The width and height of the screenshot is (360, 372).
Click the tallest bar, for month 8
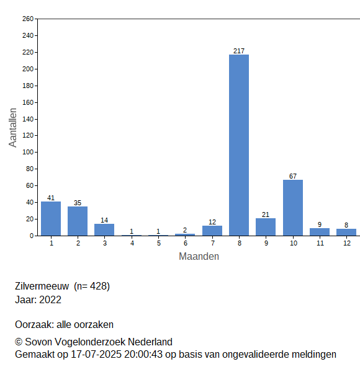239,145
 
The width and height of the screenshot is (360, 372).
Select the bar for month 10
293,208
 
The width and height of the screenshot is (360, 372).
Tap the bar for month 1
51,219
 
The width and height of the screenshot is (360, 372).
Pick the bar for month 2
78,221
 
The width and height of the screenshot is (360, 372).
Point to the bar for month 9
266,227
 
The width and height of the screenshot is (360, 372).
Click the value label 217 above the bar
239,51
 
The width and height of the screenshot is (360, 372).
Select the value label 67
293,176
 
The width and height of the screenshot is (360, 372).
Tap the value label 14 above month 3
104,220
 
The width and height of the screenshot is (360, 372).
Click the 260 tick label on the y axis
28,19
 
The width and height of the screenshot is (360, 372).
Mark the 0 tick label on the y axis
32,236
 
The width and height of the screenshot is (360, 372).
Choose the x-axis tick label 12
347,243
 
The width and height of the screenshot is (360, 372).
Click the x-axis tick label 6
186,243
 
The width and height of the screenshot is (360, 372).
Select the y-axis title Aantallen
12,128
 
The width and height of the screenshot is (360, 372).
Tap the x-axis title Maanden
199,257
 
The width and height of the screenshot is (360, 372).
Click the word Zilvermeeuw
42,286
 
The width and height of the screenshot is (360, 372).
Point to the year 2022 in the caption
50,299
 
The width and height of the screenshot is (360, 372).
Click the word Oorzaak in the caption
35,324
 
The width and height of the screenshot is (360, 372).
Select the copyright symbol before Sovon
19,342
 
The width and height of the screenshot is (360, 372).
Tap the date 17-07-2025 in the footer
96,355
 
